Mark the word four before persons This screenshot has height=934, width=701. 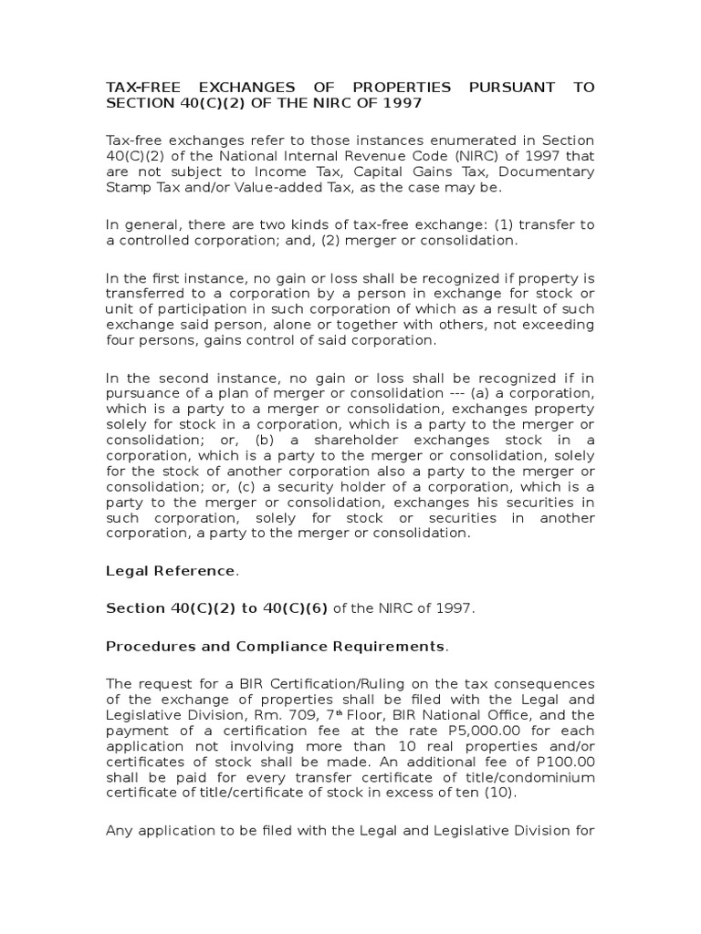pos(122,341)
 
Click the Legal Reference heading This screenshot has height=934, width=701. pos(171,571)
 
